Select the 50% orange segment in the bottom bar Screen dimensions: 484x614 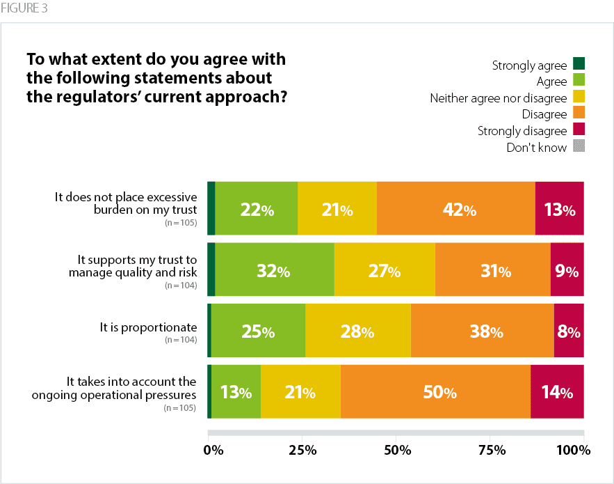click(435, 391)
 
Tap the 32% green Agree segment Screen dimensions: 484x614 click(275, 270)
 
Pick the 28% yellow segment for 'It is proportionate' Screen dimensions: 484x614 click(357, 331)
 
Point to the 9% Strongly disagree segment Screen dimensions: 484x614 click(567, 270)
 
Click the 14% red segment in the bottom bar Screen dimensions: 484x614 click(557, 391)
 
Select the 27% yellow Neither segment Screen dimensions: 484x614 click(384, 270)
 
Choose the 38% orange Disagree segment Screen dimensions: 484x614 click(482, 331)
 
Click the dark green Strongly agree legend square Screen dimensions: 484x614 click(579, 65)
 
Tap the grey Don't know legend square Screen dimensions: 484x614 click(579, 146)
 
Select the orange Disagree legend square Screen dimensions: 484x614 click(579, 114)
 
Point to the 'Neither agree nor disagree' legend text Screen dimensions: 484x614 click(498, 98)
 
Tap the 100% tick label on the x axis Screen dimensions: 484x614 click(574, 450)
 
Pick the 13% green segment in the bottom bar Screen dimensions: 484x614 click(236, 391)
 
